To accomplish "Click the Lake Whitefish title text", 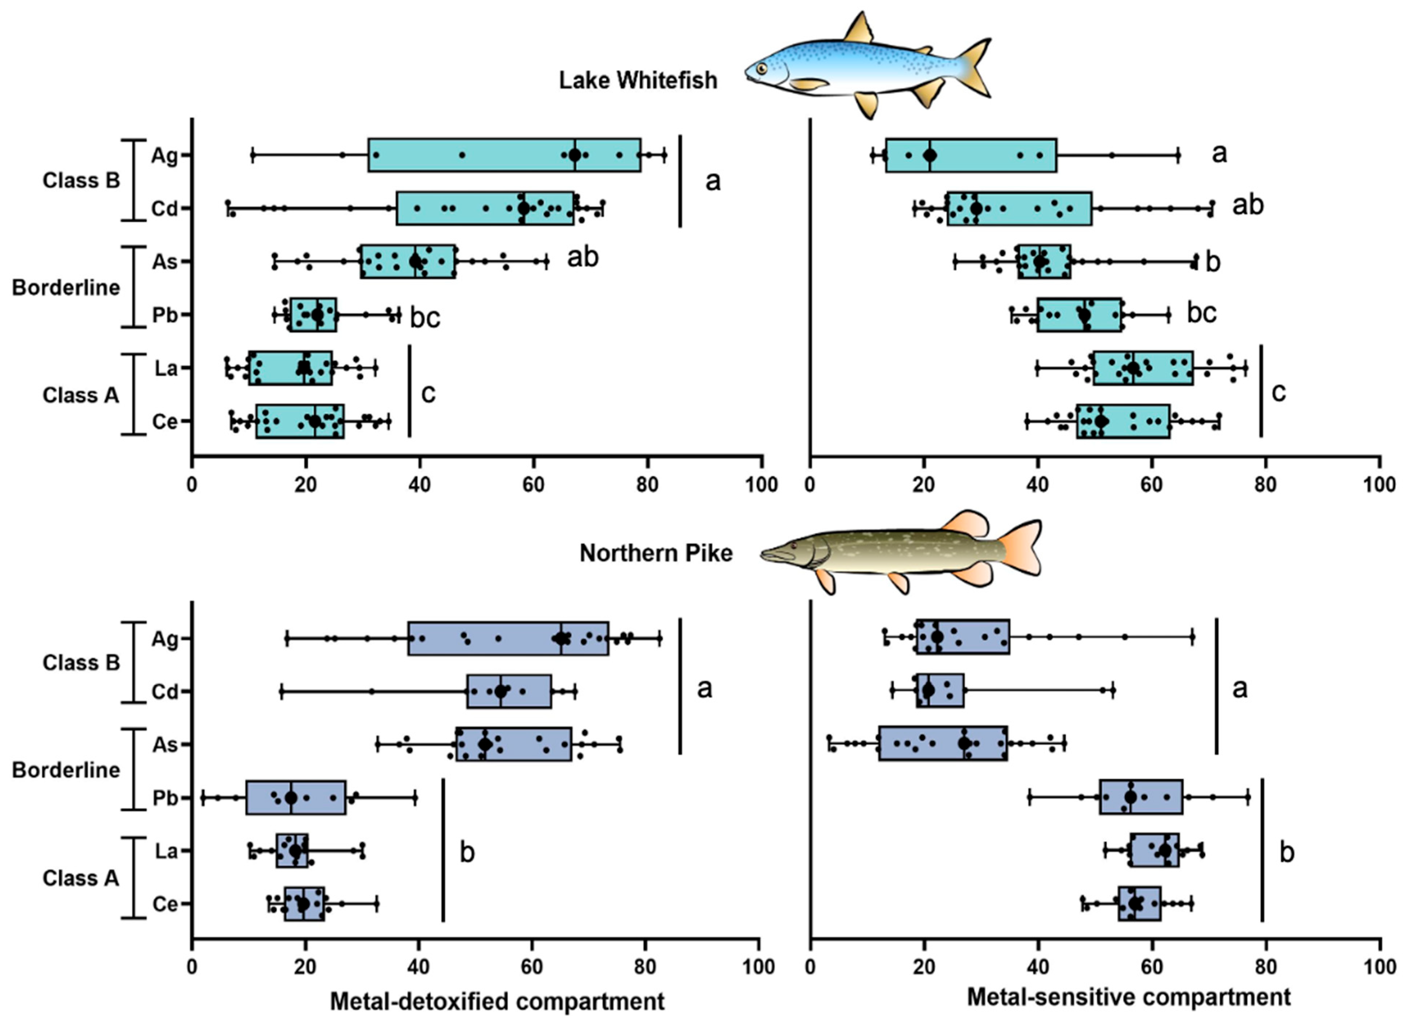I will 638,81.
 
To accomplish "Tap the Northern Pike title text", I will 655,553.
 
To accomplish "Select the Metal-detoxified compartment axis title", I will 497,1001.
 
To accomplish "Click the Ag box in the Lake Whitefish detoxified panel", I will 504,155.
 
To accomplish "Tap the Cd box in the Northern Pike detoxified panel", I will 509,691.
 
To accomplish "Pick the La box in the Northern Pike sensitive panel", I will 1154,851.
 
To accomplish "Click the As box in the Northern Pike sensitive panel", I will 943,744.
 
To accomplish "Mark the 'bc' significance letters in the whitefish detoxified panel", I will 425,317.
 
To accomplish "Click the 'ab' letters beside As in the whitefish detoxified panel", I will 583,257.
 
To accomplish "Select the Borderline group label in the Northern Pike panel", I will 66,770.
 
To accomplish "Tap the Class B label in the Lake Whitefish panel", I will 81,180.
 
